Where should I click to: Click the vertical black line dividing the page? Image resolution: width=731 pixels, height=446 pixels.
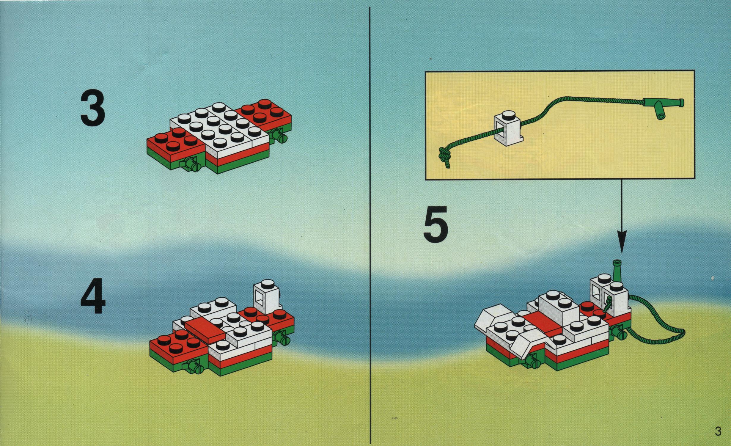[370, 226]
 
